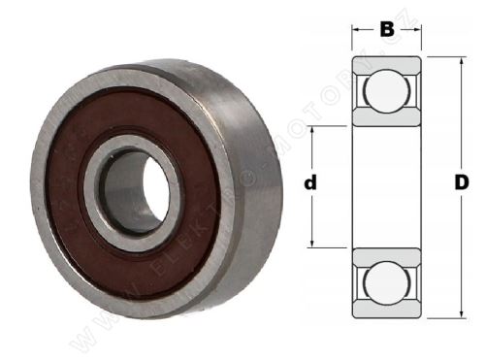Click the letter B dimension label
(387, 29)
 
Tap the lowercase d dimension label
(310, 182)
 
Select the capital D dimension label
(462, 182)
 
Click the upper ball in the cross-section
(386, 90)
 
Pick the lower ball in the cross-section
(386, 281)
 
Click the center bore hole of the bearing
(136, 192)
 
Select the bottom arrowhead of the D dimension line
(462, 315)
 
